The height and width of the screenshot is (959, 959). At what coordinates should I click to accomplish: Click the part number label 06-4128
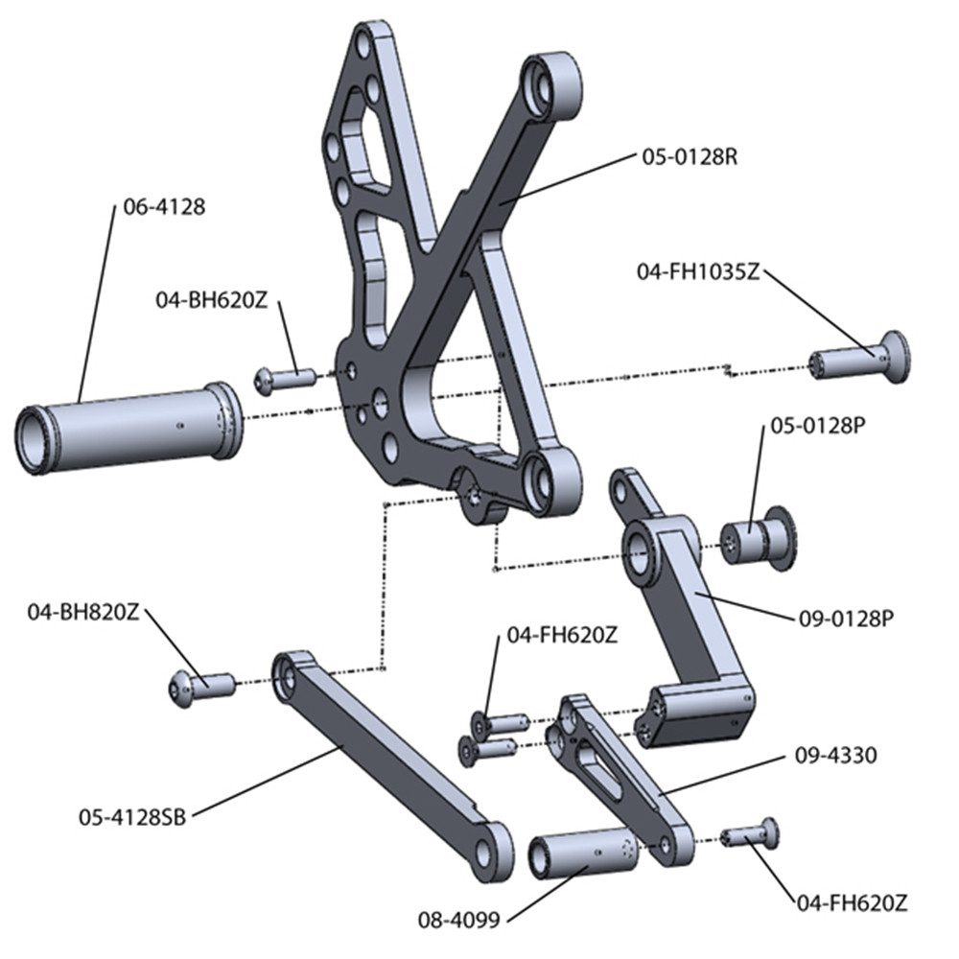164,206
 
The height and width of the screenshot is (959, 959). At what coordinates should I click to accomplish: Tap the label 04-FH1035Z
698,271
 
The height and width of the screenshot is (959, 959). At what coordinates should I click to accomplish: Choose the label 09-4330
836,756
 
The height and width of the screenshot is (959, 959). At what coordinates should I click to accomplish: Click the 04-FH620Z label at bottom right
852,903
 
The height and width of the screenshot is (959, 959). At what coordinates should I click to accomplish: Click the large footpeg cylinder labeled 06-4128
129,426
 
